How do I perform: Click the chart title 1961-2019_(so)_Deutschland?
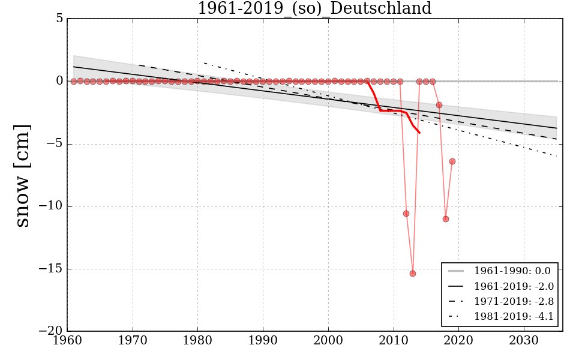314,8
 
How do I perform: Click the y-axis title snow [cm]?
22,176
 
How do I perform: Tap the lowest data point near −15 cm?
413,274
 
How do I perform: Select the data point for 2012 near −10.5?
406,214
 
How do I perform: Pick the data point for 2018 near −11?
446,219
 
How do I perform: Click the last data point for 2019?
452,161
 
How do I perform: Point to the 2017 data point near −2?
439,105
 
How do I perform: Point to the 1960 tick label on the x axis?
67,340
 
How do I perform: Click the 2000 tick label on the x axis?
328,340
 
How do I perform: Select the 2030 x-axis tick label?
524,340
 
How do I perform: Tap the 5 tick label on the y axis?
59,19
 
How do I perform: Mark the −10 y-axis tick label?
52,206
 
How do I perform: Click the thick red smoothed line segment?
390,110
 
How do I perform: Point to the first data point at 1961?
74,82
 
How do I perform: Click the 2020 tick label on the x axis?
458,340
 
